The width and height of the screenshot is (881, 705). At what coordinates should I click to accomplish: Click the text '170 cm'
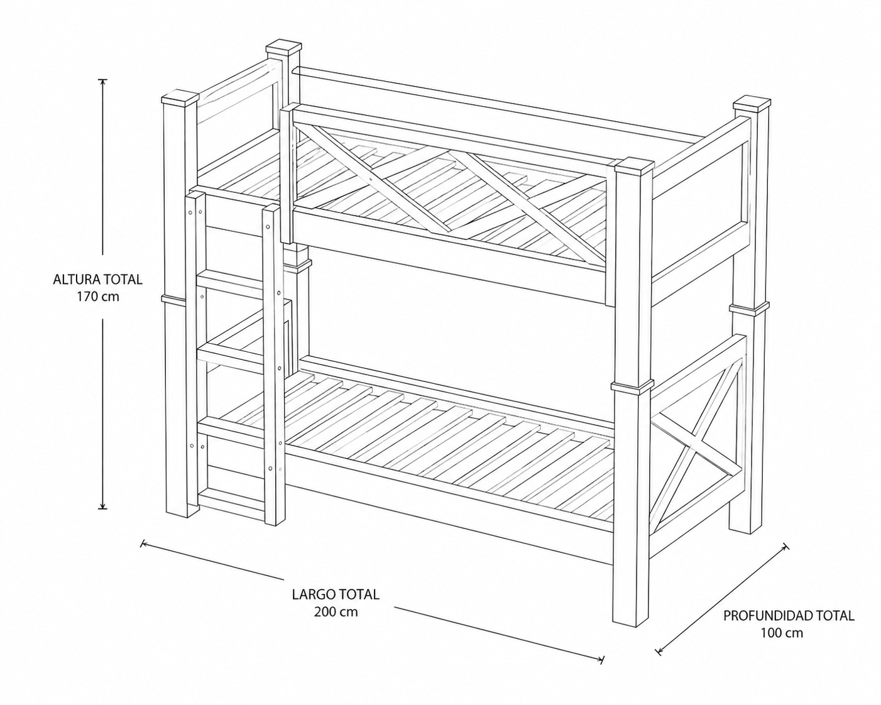pos(98,297)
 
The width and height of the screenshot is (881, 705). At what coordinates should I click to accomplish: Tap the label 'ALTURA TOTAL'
pos(98,279)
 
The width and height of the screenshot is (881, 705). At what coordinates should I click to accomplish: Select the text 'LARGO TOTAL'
pos(336,594)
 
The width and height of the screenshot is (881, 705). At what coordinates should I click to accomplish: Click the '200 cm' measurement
pos(336,611)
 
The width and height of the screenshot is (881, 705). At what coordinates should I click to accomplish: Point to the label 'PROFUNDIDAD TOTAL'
pos(789,627)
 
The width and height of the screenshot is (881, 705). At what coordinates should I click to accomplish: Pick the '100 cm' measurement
pos(782,644)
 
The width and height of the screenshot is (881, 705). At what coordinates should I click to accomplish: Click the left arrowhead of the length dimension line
pos(143,544)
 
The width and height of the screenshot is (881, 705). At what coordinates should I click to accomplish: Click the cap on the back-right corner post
pos(752,104)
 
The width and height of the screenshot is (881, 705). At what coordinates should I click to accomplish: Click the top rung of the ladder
pos(231,283)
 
